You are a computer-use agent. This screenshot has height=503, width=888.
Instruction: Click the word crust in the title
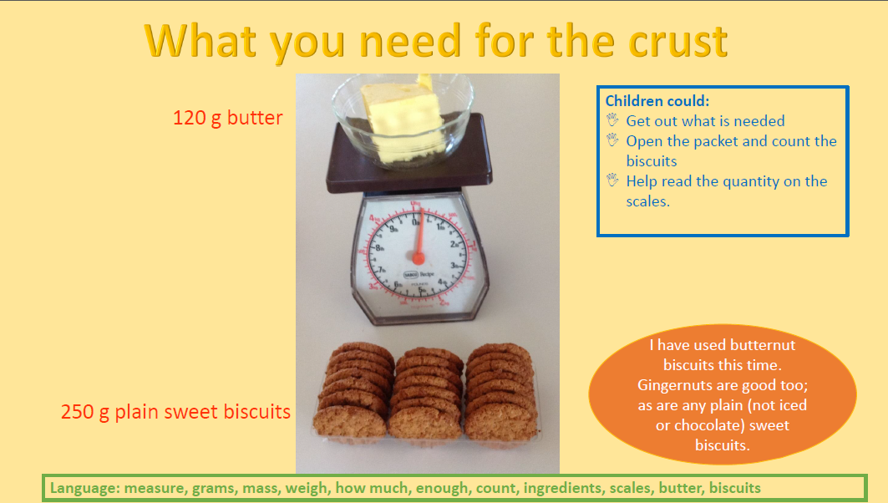pos(678,41)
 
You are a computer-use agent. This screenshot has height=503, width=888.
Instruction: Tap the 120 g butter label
pos(228,118)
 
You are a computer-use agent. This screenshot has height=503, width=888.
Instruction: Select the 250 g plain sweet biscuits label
pos(175,412)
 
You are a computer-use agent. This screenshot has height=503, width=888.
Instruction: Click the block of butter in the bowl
pos(403,121)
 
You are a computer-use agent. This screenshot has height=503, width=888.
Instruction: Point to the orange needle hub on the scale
pos(419,259)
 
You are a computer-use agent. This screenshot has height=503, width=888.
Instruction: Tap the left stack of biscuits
pos(353,391)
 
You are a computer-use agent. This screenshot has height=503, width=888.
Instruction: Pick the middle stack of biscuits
pos(427,394)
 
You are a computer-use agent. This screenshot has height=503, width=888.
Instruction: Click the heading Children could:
pos(657,101)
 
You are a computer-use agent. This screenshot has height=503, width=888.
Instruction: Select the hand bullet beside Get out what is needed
pos(612,120)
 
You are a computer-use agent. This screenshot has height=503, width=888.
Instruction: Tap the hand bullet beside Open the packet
pos(612,140)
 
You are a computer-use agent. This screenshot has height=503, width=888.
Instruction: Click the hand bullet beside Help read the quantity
pos(612,180)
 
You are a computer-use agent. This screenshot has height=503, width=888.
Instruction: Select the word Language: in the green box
pos(84,488)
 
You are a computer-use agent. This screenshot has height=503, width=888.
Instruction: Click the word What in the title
pos(201,41)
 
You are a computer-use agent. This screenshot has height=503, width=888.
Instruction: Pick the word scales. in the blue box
pos(648,201)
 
